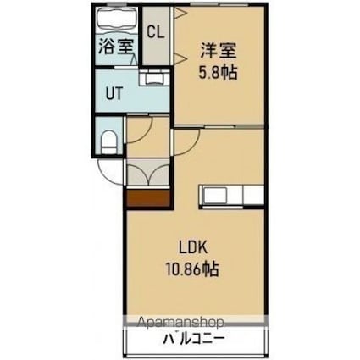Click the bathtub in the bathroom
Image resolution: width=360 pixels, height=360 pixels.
click(x=117, y=19)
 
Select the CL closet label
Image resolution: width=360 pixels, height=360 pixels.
click(x=155, y=33)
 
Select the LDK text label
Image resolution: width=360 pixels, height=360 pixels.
click(x=192, y=249)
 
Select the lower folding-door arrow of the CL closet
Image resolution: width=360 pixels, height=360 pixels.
click(x=180, y=57)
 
